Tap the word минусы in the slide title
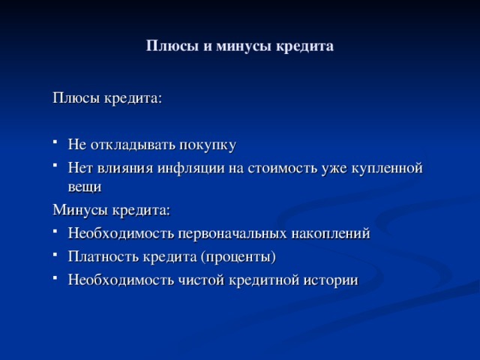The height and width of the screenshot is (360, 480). click(x=227, y=46)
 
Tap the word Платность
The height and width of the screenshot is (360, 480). click(x=98, y=257)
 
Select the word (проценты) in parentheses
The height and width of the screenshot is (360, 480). click(x=238, y=257)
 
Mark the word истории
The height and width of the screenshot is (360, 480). click(x=331, y=280)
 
